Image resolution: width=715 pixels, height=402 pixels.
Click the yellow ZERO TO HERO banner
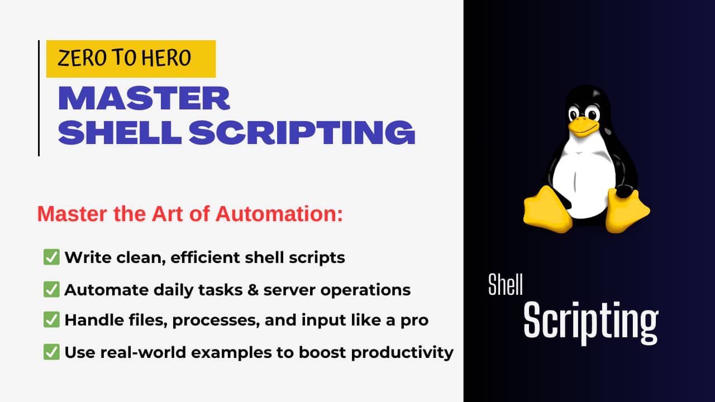point(131,59)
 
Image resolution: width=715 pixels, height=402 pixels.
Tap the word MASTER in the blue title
point(144,98)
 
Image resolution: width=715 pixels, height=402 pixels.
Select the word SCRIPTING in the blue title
point(302,132)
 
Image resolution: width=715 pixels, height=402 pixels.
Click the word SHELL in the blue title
point(120,132)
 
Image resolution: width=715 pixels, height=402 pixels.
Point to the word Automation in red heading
point(279,213)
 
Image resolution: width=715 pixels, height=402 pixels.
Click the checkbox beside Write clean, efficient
point(51,257)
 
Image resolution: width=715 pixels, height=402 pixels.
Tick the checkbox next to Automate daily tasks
point(51,289)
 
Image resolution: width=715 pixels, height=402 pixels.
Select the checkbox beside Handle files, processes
point(51,320)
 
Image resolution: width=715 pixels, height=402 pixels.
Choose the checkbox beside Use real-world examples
point(51,352)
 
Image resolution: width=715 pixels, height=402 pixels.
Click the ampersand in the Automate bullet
point(253,290)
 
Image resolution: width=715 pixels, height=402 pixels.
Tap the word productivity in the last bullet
point(402,353)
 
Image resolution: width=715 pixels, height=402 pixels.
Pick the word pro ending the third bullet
point(414,321)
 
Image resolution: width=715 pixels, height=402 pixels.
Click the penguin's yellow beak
point(583,127)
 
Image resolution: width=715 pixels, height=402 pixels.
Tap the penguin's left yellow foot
point(546,210)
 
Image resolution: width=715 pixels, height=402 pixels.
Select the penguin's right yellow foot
point(626,211)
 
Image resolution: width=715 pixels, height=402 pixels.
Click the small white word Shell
point(506,285)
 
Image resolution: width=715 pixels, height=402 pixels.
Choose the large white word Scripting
point(590,322)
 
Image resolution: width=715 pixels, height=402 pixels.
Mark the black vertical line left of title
point(39,98)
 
